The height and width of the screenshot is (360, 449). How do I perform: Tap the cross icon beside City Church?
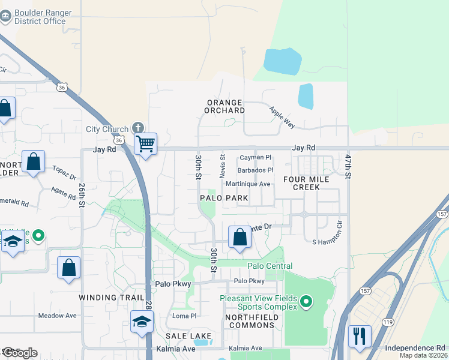[x=139, y=128]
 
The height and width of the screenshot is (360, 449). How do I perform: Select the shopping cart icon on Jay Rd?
[x=145, y=144]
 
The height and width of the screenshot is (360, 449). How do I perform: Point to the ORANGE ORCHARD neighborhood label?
[x=225, y=106]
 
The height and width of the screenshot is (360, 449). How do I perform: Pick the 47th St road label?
[x=348, y=164]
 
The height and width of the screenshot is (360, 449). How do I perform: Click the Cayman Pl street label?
[x=256, y=157]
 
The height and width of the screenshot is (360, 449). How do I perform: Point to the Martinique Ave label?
[x=248, y=184]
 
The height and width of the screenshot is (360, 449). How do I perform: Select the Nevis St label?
[x=222, y=166]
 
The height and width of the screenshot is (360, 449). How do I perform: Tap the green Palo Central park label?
[x=270, y=266]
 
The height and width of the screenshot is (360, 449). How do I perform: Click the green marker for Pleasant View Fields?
[x=306, y=301]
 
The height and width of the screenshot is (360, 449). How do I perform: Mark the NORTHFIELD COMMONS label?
[x=250, y=320]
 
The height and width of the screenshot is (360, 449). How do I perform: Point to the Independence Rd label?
[x=415, y=347]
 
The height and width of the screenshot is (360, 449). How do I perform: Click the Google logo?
[x=19, y=353]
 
